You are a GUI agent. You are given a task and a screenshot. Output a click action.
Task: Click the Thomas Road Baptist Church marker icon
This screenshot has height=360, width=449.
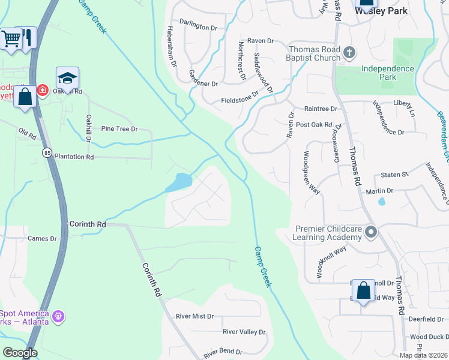coord(349,54)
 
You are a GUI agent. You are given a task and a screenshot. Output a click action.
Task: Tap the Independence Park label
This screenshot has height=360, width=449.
coord(387,73)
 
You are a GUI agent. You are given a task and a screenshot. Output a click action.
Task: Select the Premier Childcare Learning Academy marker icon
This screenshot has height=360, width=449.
coord(372,232)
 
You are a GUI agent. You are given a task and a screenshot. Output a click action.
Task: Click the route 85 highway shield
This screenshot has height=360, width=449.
coord(47,153)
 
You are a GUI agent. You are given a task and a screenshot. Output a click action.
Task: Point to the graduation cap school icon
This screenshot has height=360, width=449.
coord(67,78)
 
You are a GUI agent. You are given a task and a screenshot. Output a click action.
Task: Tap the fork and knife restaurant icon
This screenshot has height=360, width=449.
coord(28,38)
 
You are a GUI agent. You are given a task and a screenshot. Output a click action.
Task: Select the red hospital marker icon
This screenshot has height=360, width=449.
coord(43,90)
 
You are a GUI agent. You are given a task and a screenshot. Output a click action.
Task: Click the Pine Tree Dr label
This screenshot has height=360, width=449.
coord(119,129)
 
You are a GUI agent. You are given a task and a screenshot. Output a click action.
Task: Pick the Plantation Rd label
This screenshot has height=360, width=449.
coord(74,157)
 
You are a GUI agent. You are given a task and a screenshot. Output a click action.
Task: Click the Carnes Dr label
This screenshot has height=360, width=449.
coord(42,238)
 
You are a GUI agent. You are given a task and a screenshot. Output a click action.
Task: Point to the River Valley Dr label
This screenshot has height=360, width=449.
coord(244,332)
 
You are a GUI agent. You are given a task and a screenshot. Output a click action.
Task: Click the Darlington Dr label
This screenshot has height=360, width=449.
coord(198,28)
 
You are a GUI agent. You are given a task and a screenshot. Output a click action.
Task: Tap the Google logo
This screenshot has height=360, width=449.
coord(20,353)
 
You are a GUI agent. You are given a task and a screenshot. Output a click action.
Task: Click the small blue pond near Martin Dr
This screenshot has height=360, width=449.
coord(381,202)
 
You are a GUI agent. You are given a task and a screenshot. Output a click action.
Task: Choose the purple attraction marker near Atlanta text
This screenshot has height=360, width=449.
coord(58,316)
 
